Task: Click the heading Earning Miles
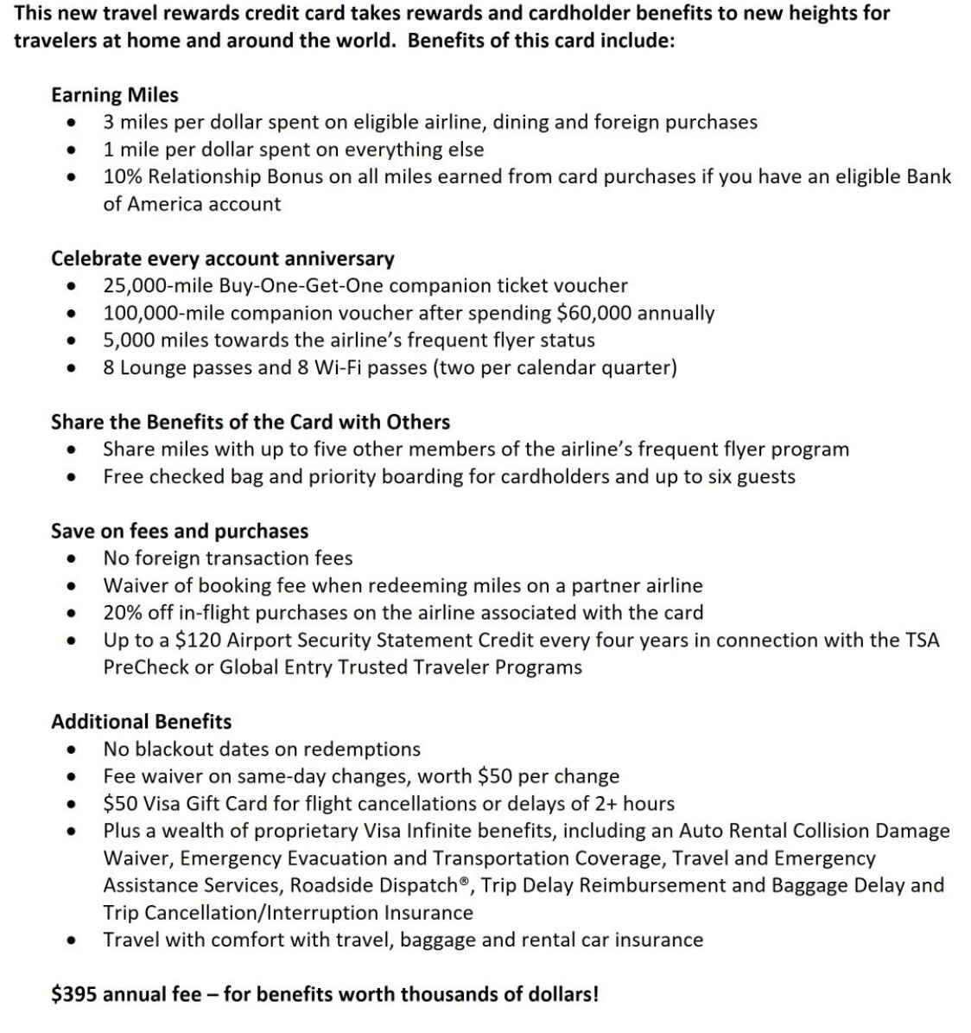click(x=115, y=95)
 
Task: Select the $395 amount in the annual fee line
click(x=74, y=994)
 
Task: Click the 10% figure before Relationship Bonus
click(x=120, y=177)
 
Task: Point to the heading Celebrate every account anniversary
click(x=222, y=258)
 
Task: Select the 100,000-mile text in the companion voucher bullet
click(x=163, y=313)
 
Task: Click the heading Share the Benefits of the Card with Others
click(x=251, y=422)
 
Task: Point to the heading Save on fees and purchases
click(x=180, y=531)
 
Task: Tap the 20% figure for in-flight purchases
click(x=120, y=613)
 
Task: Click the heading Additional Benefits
click(x=142, y=722)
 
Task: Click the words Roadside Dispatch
click(x=384, y=885)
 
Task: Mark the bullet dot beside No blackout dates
click(x=73, y=750)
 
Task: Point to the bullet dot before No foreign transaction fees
click(x=73, y=559)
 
